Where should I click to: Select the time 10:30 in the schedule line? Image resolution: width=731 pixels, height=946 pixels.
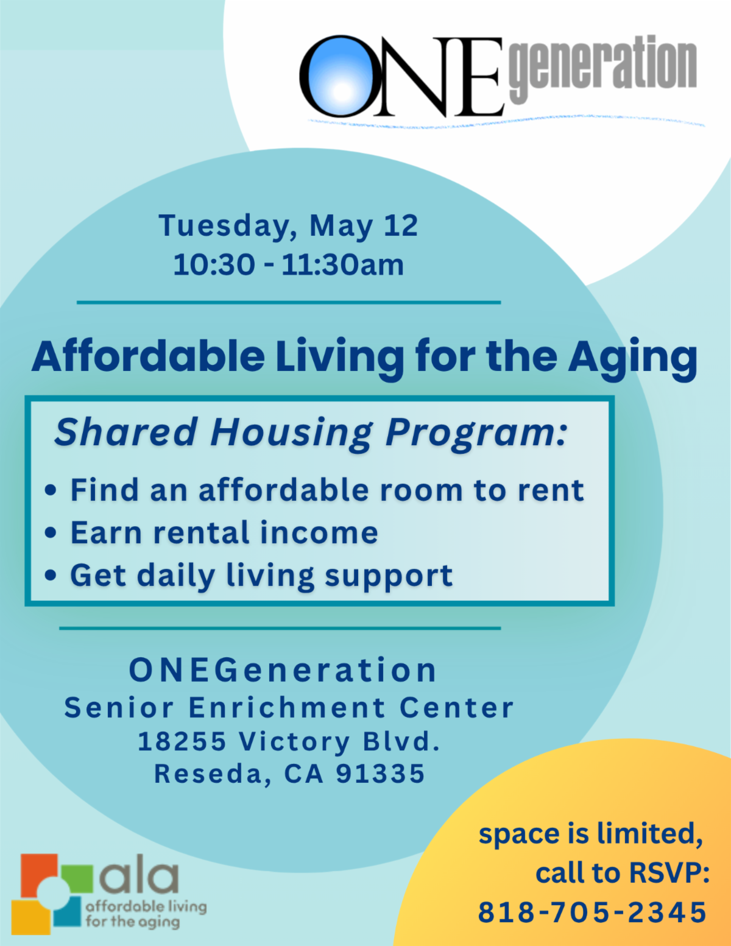coord(214,265)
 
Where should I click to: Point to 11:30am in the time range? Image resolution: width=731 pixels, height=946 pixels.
coord(342,265)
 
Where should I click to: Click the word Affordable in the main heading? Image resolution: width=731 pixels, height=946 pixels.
coord(148,356)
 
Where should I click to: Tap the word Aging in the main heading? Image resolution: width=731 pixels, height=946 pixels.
coord(632,359)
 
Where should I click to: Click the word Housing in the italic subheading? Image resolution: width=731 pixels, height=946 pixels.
coord(291,432)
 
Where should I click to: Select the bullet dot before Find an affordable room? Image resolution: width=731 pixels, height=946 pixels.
coord(51,490)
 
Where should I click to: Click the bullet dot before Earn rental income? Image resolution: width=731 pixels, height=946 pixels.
coord(51,532)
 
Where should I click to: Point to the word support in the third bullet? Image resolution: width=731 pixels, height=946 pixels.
coord(389,577)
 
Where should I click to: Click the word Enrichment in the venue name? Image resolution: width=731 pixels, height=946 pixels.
coord(287,707)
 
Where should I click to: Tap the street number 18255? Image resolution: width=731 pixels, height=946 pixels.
coord(182,741)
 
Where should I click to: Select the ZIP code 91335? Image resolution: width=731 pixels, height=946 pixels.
coord(380,774)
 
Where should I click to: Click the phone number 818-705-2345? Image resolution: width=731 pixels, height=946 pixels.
coord(592,912)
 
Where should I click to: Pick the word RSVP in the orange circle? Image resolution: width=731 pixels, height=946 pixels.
coord(669,873)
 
